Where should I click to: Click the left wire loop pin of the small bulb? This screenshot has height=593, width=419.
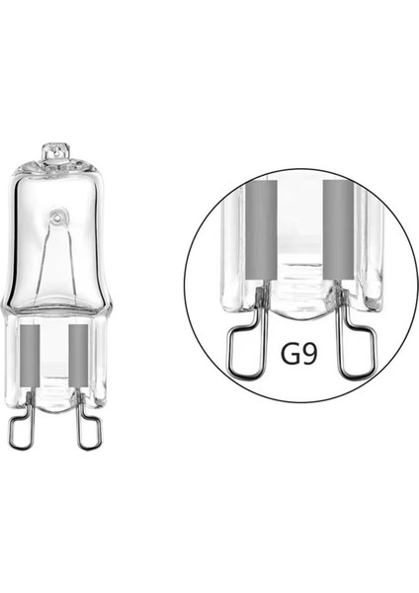[21, 427]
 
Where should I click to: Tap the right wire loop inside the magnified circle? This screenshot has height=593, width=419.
[355, 351]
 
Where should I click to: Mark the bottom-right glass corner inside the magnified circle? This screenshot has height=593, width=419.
[372, 296]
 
